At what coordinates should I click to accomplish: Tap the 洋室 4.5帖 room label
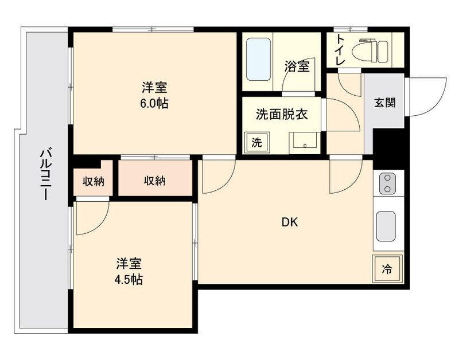130,272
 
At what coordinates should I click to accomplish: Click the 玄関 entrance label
384,104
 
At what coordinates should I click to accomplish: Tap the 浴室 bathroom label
297,66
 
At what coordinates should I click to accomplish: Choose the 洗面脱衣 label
282,114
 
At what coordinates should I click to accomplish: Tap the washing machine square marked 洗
256,142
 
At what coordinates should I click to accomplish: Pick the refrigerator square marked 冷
387,268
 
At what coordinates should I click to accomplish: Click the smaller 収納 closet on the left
94,181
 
